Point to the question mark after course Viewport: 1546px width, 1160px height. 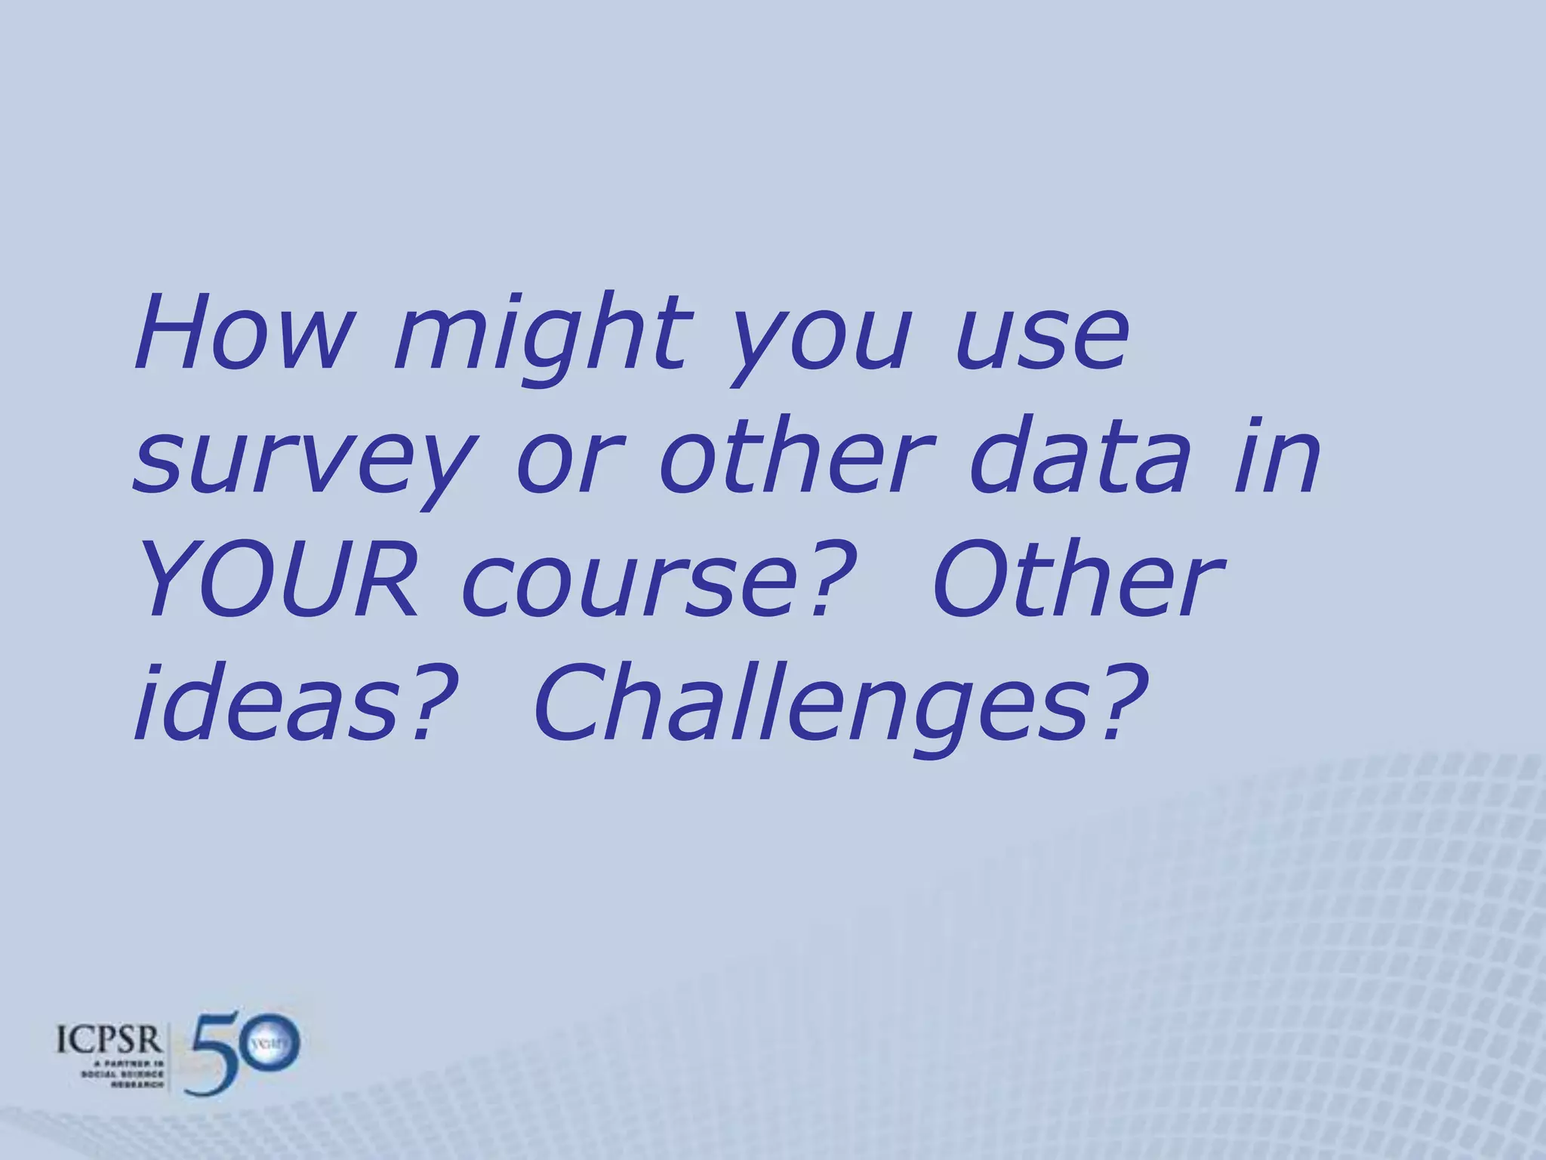pyautogui.click(x=830, y=578)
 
